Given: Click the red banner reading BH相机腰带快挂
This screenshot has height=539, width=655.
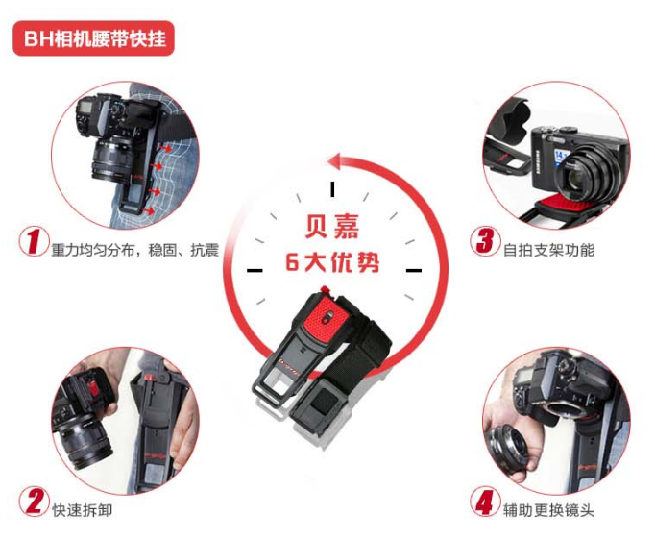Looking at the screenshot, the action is click(x=93, y=38).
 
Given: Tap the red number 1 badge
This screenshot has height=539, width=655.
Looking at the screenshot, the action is click(x=34, y=241).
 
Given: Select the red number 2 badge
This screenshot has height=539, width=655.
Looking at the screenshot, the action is click(x=35, y=501).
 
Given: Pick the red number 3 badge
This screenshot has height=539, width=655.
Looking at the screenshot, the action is click(x=485, y=241).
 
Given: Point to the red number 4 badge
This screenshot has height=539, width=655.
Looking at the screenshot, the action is click(x=485, y=501).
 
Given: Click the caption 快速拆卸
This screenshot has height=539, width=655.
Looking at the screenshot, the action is click(x=83, y=510).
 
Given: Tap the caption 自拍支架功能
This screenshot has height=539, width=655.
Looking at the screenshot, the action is click(x=549, y=250).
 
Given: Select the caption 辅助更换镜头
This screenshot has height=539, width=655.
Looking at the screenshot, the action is click(x=549, y=510).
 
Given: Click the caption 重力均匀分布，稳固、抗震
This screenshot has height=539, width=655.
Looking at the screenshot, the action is click(x=135, y=250).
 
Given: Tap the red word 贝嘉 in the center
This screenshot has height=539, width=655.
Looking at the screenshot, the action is click(x=332, y=227).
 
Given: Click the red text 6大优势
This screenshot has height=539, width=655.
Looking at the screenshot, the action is click(x=332, y=262).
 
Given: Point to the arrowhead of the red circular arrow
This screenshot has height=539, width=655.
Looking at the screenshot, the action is click(x=336, y=161).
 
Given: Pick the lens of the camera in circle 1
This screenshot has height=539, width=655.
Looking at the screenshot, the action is click(x=111, y=159).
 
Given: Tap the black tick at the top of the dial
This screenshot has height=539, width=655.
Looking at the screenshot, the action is click(x=332, y=189).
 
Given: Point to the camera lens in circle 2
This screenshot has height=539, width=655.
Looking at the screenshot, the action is click(x=85, y=440).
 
